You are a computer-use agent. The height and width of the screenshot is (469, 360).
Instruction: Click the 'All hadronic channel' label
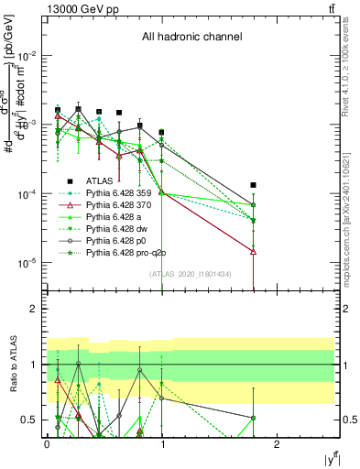point(191,38)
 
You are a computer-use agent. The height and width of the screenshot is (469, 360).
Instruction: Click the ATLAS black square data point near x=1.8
point(254,185)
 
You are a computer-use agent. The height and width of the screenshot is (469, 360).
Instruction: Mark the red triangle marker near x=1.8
point(254,251)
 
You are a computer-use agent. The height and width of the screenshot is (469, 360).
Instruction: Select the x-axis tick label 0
point(47,442)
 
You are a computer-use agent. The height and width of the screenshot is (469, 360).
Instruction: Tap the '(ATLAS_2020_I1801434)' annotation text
point(190,274)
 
